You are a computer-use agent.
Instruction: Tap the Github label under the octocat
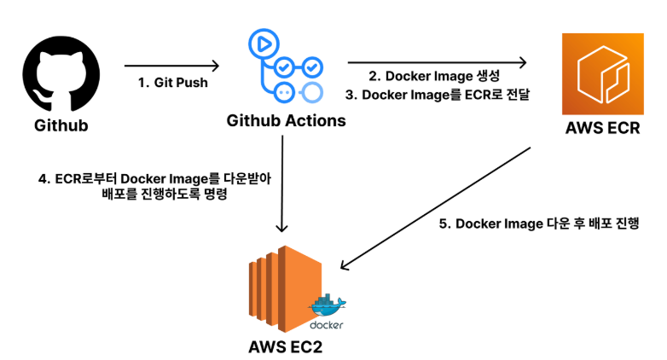(61, 126)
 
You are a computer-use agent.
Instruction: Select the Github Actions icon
(286, 67)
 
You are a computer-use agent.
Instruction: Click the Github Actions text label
(286, 120)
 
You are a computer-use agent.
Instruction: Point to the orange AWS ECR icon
(602, 74)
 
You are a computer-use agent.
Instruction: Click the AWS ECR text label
(602, 130)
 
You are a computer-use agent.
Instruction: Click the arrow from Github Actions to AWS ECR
(436, 62)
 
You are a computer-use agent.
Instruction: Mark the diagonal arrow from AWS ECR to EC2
(435, 205)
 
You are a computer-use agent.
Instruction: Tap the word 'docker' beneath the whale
(326, 325)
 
